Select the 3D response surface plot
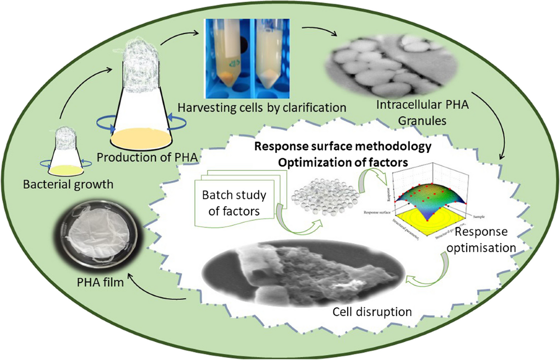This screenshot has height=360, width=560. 432,196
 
